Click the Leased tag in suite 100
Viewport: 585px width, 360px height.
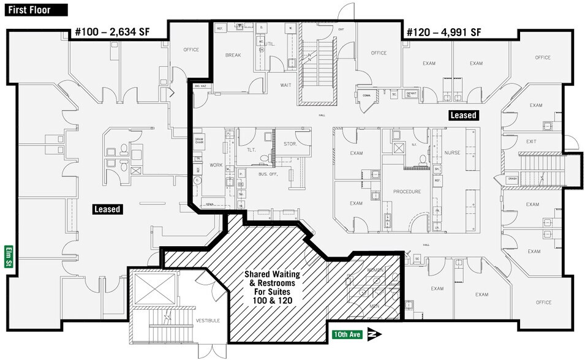click(107, 209)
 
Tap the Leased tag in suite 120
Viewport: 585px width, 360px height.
click(463, 115)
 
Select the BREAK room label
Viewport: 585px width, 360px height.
click(233, 55)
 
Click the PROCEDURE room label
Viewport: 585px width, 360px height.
click(407, 192)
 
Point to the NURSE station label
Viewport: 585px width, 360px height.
click(452, 153)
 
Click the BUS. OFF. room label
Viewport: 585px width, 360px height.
click(268, 174)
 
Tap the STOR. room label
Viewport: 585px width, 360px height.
click(290, 144)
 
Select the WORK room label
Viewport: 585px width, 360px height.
click(216, 165)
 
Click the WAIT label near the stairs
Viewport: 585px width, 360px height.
click(285, 85)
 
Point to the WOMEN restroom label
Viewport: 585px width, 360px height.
click(375, 270)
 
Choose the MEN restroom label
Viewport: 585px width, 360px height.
click(375, 304)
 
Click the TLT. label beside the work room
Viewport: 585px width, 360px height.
click(251, 149)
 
